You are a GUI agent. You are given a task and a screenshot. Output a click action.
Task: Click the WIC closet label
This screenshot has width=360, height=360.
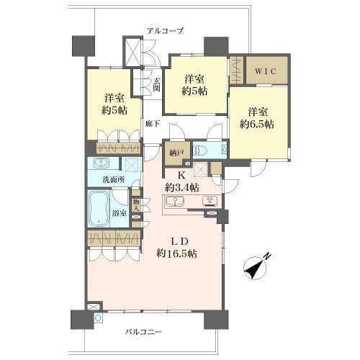point(266,71)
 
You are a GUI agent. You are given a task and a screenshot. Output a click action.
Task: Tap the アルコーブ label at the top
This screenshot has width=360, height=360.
point(165,31)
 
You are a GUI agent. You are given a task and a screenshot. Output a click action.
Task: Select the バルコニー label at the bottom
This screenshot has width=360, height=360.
point(144,332)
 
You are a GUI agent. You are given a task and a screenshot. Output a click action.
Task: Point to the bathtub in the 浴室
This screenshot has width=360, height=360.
point(99,208)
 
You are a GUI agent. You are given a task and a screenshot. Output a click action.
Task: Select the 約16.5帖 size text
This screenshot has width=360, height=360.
point(177,253)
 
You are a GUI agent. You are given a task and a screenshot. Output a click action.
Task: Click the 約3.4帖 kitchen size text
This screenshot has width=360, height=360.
point(182,187)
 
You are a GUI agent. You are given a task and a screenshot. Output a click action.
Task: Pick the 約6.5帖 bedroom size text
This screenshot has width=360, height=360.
point(257,124)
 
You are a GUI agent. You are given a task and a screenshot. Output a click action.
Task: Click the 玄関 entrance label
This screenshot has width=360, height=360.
point(156,85)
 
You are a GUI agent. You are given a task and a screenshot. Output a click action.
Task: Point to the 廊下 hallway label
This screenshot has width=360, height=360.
point(153,124)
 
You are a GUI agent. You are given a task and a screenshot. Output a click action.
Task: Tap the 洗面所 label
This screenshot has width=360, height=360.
point(114,180)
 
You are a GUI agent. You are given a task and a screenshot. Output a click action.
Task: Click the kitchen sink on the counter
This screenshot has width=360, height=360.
point(174,201)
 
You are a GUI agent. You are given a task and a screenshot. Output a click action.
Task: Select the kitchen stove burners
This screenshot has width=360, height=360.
point(210,201)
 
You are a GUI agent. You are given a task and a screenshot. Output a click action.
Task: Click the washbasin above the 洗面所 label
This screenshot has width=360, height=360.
point(102,163)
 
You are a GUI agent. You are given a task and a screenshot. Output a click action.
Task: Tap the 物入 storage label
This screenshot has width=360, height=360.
point(136,205)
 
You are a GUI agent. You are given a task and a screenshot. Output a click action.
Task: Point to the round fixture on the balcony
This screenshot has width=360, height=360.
point(98,318)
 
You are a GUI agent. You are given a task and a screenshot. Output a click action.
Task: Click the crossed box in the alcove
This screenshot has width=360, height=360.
point(132,53)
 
